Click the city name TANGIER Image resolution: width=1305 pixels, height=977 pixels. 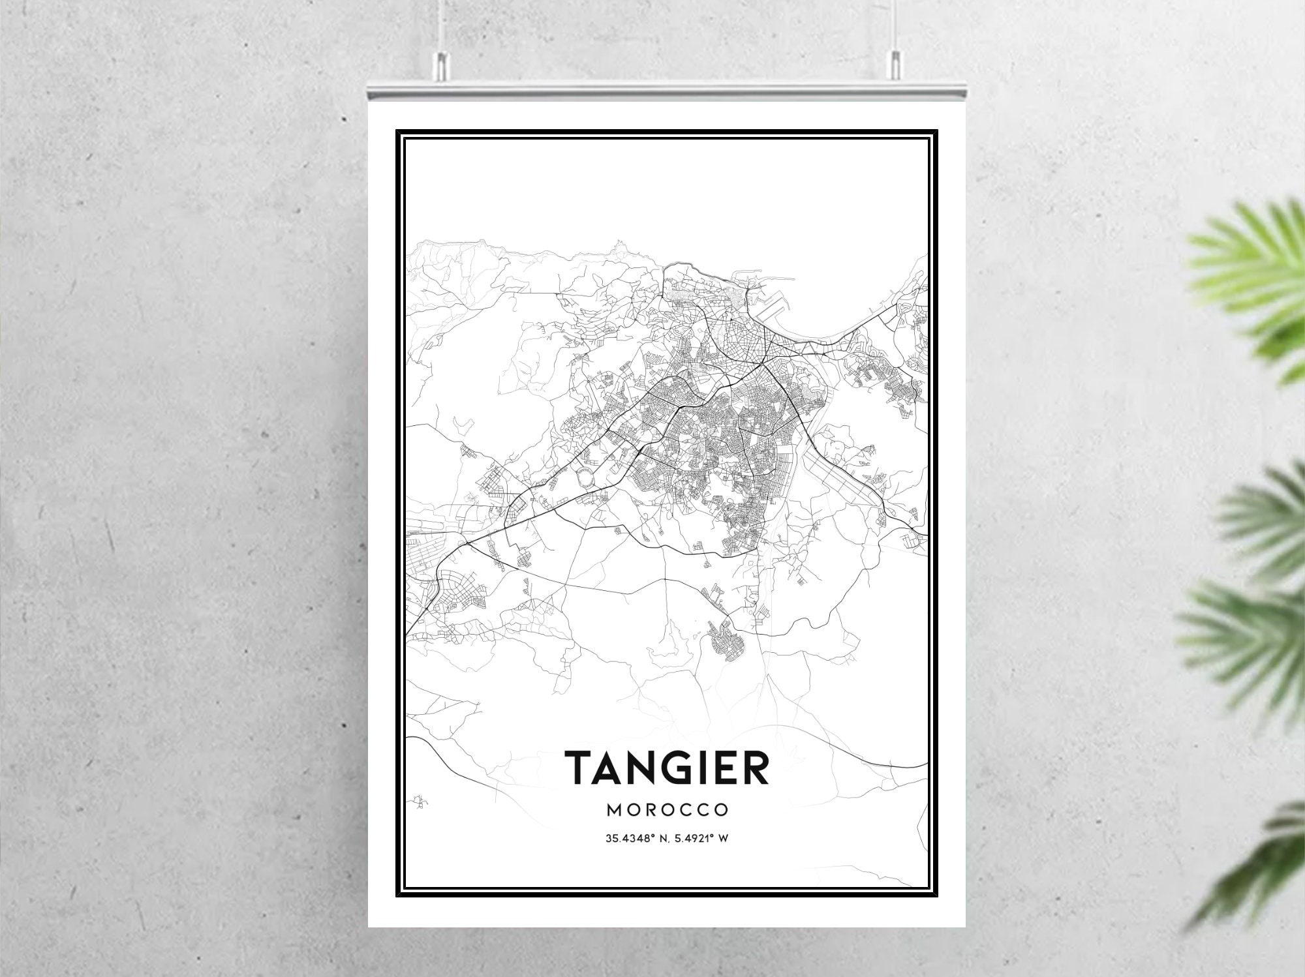point(666,768)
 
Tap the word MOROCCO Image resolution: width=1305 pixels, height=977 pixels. point(667,810)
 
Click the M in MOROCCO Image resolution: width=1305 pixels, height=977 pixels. point(614,810)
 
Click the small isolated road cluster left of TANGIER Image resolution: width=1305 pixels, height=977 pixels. point(422,802)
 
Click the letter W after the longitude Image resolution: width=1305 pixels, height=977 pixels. point(722,839)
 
